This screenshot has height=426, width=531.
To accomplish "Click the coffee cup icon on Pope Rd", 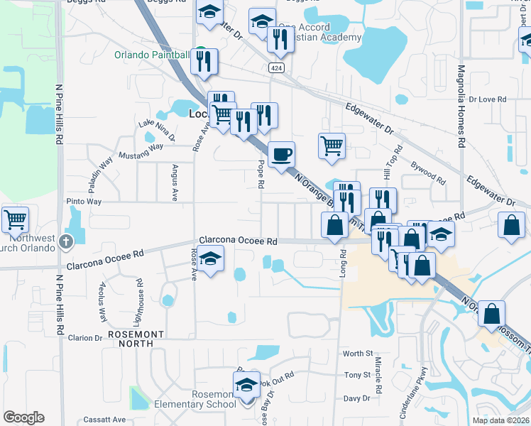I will (282, 153).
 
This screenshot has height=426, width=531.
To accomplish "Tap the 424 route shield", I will (276, 67).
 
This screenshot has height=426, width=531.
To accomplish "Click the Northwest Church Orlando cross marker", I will (65, 241).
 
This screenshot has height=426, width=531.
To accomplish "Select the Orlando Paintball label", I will (152, 55).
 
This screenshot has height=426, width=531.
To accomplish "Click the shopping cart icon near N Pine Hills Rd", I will (15, 219).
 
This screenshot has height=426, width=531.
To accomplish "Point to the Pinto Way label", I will (84, 202).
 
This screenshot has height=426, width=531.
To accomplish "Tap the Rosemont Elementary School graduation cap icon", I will (246, 386).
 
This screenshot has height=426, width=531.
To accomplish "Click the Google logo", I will (23, 417).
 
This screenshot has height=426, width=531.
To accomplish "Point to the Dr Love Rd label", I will (488, 100).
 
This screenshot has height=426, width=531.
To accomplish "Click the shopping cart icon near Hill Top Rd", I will (332, 146).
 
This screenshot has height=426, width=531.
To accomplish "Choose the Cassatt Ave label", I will (104, 420).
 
